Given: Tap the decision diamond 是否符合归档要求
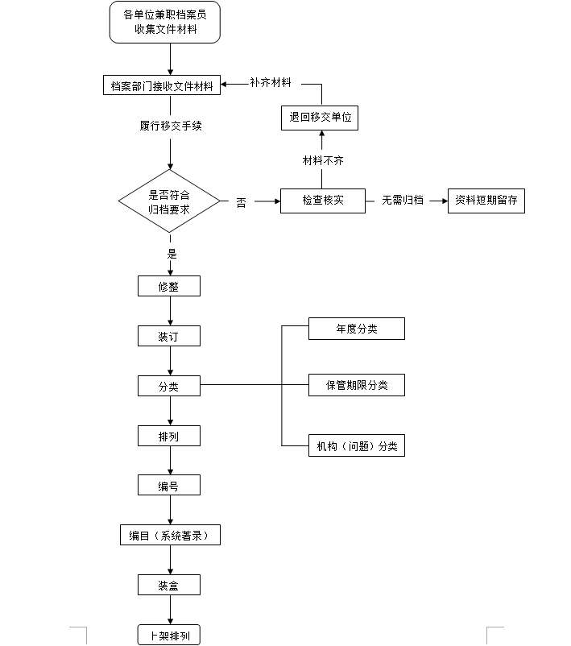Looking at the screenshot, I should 169,201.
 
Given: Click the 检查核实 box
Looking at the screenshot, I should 323,201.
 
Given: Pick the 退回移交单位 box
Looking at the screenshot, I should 321,118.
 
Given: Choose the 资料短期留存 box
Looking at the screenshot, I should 486,201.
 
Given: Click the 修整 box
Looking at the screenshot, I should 168,286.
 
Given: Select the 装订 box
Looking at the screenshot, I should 168,336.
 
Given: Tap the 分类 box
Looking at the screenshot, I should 168,386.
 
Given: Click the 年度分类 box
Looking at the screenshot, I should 356,329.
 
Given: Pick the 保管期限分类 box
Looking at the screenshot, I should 356,385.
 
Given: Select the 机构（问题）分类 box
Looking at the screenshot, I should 356,445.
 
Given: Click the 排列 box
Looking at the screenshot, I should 168,436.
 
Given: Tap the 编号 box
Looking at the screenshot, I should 168,485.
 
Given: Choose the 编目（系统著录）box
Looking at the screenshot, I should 170,535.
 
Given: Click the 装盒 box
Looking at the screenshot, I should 168,585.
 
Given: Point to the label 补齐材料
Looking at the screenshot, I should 271,82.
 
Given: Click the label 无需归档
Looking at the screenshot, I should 403,201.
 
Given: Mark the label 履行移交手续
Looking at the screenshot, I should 170,126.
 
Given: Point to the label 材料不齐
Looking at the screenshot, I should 323,160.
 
